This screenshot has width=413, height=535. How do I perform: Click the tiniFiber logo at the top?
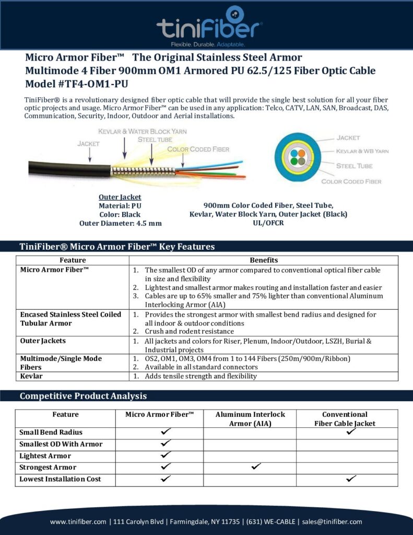[209, 25]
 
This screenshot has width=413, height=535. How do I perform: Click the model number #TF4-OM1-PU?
[78, 84]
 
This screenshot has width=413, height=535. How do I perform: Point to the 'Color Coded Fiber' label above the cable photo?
[198, 149]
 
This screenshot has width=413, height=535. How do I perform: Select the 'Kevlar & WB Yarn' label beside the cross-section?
[362, 151]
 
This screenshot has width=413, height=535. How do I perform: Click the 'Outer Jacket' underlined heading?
[120, 197]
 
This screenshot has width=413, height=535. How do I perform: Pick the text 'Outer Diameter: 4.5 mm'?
[120, 223]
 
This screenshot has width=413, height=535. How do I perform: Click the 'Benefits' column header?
[264, 260]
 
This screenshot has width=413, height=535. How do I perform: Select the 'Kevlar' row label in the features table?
[31, 376]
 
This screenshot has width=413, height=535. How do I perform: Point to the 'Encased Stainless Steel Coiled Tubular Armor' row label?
[70, 319]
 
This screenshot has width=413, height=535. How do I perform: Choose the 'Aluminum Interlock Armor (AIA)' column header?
[250, 418]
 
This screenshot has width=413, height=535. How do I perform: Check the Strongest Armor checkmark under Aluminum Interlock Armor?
[256, 467]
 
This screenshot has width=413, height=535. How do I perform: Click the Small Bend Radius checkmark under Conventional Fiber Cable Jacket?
[351, 432]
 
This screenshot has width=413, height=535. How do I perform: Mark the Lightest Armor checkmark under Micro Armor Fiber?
[166, 455]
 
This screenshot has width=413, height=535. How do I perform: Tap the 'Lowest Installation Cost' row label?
[60, 479]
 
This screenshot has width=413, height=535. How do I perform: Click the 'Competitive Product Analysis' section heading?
[83, 396]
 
